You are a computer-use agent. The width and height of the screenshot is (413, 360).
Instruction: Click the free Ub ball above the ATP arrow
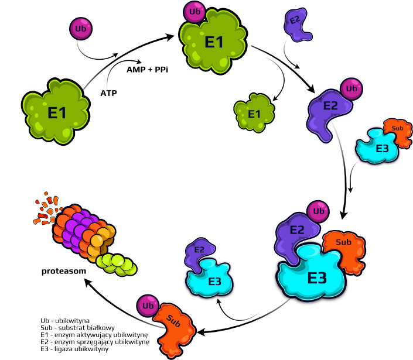tap(81, 29)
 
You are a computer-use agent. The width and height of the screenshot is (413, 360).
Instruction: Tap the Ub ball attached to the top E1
tap(194, 12)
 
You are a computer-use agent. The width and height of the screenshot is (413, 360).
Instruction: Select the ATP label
tap(108, 93)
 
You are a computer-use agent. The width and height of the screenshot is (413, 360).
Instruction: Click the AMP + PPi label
tap(147, 70)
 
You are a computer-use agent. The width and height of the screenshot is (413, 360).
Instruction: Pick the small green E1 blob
tap(254, 112)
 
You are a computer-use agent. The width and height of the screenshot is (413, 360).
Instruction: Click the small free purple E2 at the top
tap(298, 25)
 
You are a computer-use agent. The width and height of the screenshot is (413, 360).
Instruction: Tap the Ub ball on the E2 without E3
tap(351, 89)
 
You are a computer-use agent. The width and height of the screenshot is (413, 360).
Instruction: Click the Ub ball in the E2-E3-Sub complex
tap(318, 211)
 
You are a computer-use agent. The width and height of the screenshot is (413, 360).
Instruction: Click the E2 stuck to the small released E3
tap(199, 253)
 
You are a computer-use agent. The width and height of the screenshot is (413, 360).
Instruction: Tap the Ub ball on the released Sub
tap(148, 306)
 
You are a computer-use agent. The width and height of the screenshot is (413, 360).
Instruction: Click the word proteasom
tap(64, 271)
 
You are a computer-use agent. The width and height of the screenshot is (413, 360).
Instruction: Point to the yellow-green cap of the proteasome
tap(117, 265)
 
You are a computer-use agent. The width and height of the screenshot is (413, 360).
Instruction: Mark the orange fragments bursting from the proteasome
tap(47, 208)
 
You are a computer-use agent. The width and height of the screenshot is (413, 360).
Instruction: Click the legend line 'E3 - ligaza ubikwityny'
tap(74, 349)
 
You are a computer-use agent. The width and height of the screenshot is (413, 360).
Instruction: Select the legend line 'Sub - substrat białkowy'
tap(78, 328)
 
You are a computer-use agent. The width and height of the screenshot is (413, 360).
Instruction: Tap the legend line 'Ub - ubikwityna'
tap(65, 321)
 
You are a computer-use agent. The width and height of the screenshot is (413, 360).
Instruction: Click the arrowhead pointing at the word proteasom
tap(88, 283)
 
